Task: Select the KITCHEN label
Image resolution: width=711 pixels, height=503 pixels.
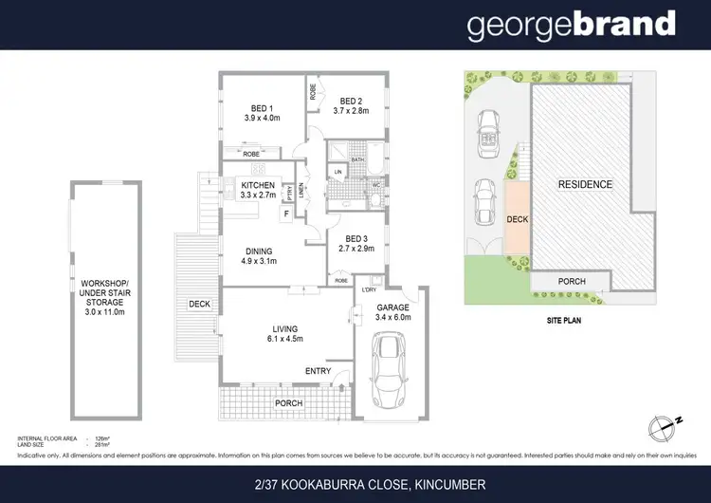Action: [x=258, y=185]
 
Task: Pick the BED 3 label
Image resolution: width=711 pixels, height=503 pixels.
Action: [x=356, y=238]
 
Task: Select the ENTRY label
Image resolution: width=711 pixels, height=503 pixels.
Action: [x=319, y=371]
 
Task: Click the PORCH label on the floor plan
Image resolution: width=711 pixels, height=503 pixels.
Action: [x=289, y=403]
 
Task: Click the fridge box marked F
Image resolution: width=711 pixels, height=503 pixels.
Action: [x=284, y=214]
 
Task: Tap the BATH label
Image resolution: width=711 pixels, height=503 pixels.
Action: [x=357, y=159]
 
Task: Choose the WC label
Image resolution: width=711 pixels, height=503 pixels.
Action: [x=374, y=184]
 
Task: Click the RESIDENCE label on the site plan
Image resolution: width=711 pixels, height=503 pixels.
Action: [x=584, y=184]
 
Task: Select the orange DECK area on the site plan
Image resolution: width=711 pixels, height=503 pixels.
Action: [x=517, y=219]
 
